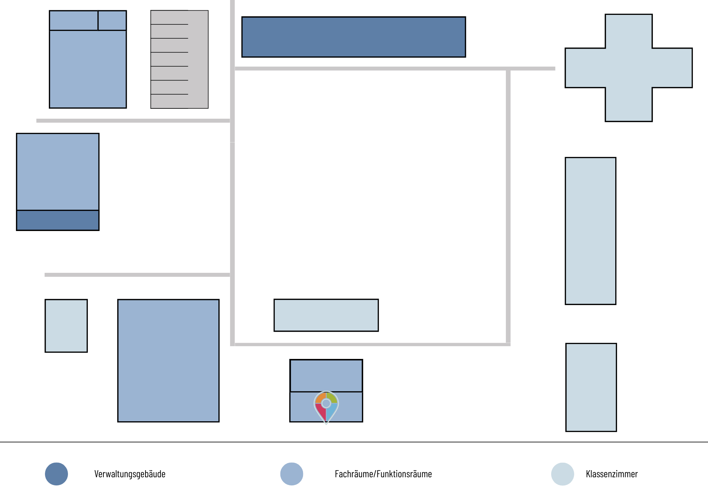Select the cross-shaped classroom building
[x=629, y=68]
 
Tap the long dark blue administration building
[x=354, y=37]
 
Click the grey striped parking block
[x=179, y=59]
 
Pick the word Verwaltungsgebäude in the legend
[x=130, y=474]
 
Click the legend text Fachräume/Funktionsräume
[x=383, y=474]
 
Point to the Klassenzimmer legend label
[x=612, y=474]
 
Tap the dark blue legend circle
[x=56, y=474]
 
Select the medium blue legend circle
[x=292, y=474]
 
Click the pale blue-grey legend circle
[x=563, y=474]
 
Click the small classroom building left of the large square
[x=66, y=326]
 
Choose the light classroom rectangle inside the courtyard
[x=326, y=315]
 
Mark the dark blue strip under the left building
[x=58, y=220]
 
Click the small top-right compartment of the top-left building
[x=112, y=21]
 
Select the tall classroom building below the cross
[x=590, y=231]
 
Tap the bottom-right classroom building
[x=591, y=387]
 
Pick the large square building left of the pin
[x=169, y=361]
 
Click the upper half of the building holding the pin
[x=326, y=376]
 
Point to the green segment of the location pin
[x=332, y=398]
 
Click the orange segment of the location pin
[x=320, y=398]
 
